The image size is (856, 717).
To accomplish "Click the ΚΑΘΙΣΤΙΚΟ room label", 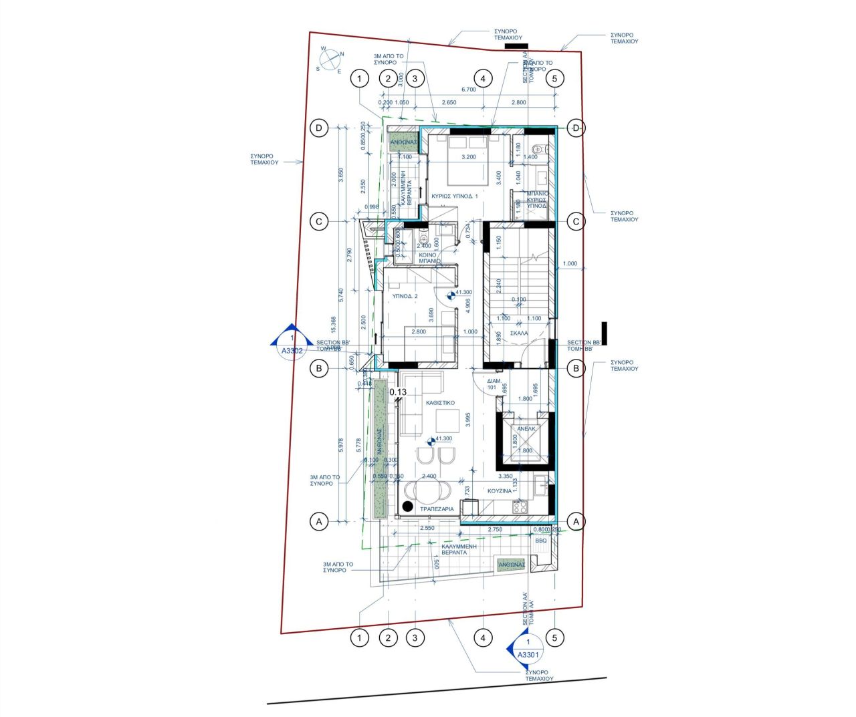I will tap(440, 403).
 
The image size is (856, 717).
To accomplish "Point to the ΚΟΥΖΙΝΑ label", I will tap(500, 491).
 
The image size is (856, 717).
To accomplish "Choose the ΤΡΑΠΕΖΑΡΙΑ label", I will tap(437, 509).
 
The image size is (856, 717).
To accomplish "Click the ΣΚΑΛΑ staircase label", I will tap(519, 333).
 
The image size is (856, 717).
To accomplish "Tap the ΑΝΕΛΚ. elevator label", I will tap(526, 429).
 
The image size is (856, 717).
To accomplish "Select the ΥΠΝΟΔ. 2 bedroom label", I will tap(405, 296).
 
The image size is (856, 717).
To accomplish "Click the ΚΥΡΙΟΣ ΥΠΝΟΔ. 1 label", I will tap(455, 196).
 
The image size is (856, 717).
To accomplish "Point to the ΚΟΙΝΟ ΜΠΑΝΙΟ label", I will tap(428, 258).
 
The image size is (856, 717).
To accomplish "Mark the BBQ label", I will tap(540, 541).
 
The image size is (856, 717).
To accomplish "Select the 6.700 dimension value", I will tap(468, 90).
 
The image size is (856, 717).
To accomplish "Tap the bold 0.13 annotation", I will tap(398, 392).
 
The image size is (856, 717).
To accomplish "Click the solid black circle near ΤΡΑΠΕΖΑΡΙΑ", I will tap(407, 507).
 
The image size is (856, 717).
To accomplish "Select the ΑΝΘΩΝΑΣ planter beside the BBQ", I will tap(511, 565).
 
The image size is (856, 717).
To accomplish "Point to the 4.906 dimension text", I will tap(468, 305).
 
